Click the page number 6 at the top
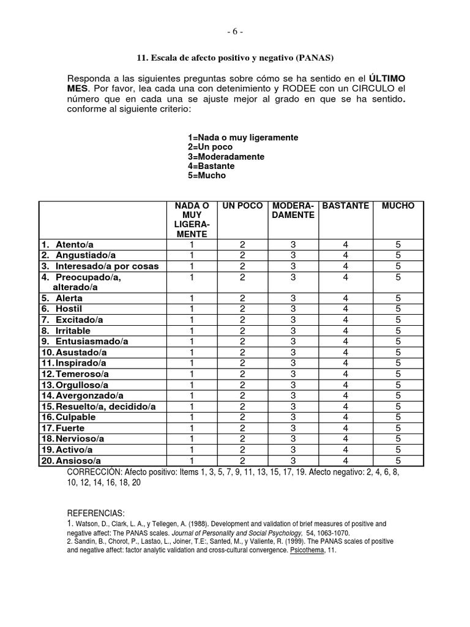(235, 32)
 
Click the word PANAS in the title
(314, 58)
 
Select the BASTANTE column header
(345, 206)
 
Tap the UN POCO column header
(242, 206)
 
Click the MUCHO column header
(398, 206)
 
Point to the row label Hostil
(69, 309)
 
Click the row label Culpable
(76, 417)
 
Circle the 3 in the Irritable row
(293, 331)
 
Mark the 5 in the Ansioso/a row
(398, 460)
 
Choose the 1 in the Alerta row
(192, 298)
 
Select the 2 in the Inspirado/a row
(242, 363)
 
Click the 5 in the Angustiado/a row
(398, 255)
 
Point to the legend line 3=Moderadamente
(226, 157)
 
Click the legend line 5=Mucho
(207, 176)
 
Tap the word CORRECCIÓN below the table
(95, 473)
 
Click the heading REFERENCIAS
(95, 513)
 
